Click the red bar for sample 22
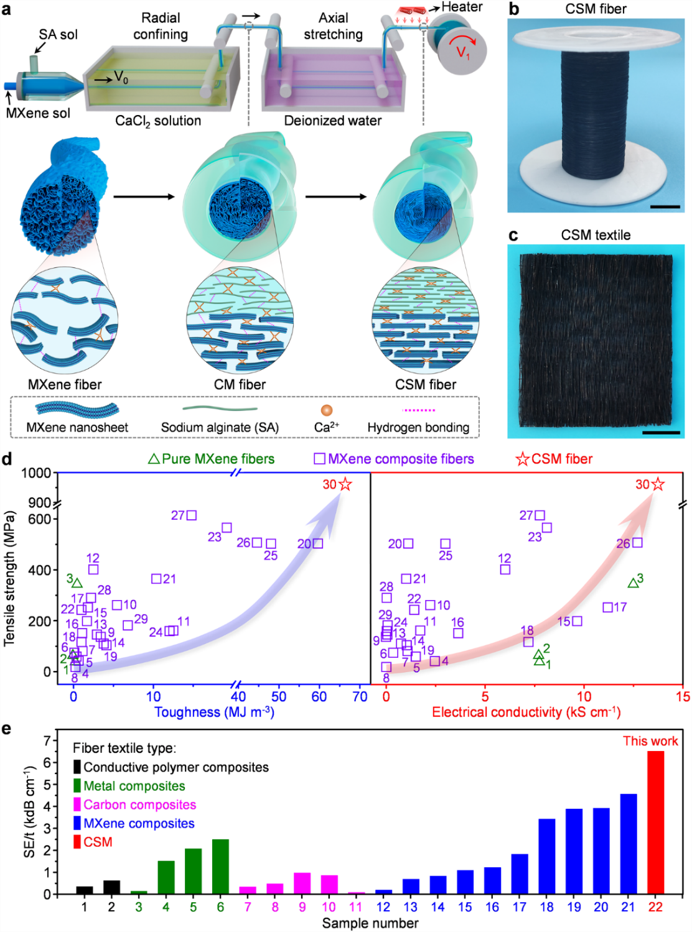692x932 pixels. click(655, 822)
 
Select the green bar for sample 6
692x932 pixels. click(220, 866)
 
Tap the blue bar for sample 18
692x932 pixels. click(546, 856)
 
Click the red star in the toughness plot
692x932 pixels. click(345, 484)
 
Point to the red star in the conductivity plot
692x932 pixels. click(658, 484)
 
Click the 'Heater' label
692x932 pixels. click(461, 7)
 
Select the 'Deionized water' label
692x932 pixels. click(332, 121)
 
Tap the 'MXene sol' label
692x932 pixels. click(38, 113)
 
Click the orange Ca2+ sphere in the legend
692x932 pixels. click(326, 410)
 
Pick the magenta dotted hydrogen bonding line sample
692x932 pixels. click(419, 410)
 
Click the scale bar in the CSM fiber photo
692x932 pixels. click(665, 206)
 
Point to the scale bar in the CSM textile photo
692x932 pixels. click(661, 432)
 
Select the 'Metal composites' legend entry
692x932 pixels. click(134, 786)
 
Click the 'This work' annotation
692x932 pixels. click(650, 741)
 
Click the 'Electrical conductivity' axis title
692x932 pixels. click(526, 713)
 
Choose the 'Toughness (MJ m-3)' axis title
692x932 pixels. click(214, 713)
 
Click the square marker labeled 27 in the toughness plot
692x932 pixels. click(192, 515)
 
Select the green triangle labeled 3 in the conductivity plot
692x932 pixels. click(633, 583)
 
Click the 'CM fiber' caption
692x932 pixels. click(240, 385)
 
